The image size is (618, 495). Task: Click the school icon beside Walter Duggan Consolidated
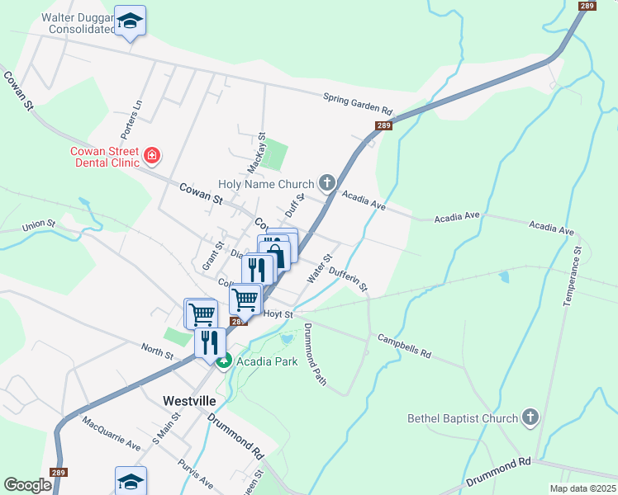tap(130, 21)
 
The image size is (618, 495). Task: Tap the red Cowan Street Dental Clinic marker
tap(152, 155)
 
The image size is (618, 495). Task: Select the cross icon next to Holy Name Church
tap(327, 183)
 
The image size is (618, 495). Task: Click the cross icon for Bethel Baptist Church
tap(530, 417)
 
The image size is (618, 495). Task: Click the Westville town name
tap(189, 400)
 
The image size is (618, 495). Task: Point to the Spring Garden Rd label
tap(358, 105)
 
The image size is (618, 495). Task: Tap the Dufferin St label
tap(348, 278)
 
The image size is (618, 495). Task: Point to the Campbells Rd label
tap(405, 346)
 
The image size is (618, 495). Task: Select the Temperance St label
tap(573, 276)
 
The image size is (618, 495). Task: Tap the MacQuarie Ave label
tap(111, 432)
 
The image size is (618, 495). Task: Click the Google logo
tap(27, 485)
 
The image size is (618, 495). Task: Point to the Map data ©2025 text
tap(583, 488)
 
